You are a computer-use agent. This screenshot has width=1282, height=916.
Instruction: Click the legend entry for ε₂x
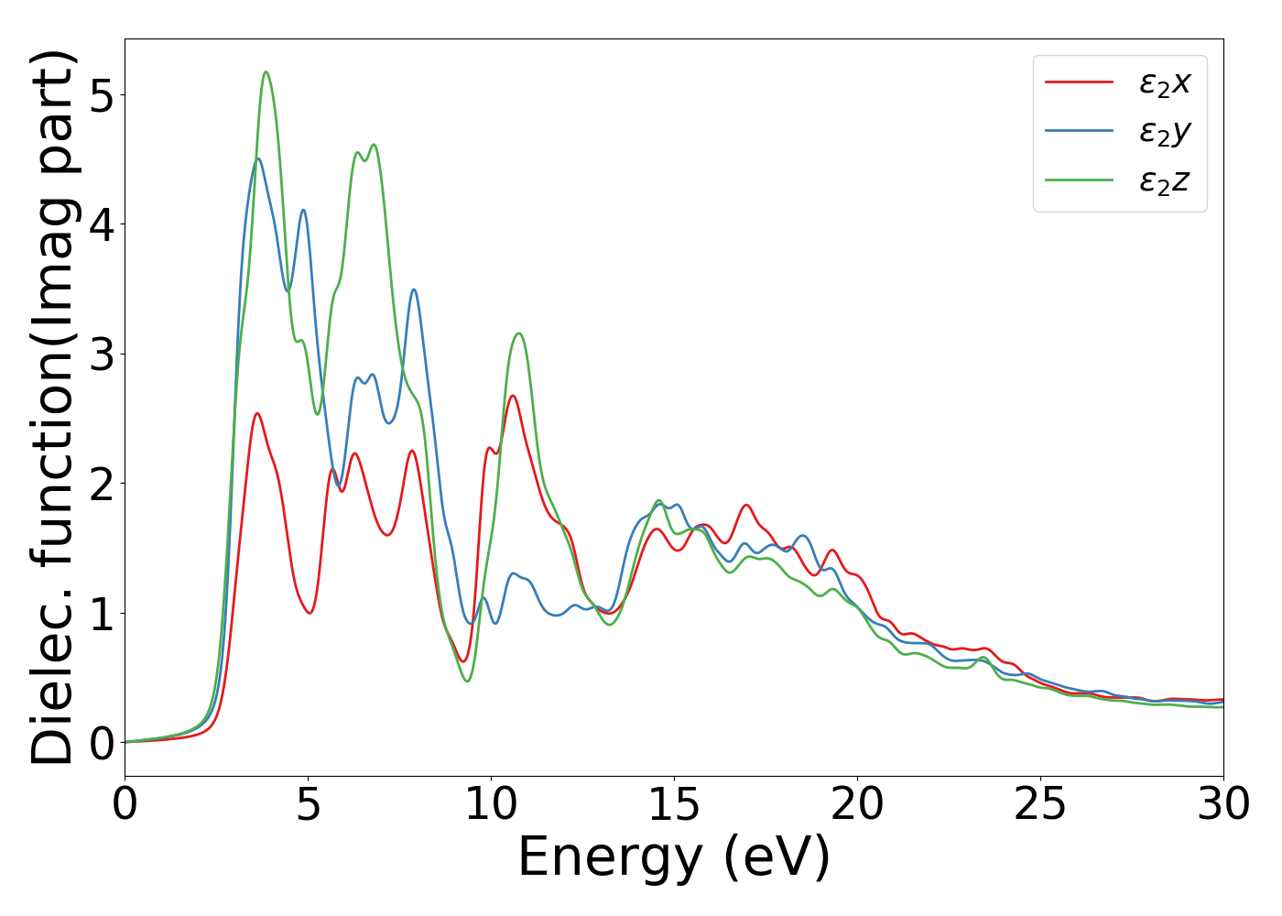coord(1164,83)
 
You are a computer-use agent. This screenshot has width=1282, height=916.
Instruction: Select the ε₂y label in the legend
coord(1164,133)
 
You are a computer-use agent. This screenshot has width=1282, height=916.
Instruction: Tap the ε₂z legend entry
coord(1164,181)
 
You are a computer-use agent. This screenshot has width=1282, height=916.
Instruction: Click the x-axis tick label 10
coord(491,805)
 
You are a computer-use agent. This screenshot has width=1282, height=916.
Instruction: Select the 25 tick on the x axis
coord(1040,805)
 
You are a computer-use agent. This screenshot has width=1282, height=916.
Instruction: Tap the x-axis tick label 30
coord(1222,805)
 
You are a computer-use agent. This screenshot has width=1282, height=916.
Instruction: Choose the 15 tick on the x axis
coord(674,805)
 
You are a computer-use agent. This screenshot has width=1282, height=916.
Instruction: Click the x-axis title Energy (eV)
coord(674,858)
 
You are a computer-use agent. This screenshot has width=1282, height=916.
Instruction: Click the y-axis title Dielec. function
coord(53,408)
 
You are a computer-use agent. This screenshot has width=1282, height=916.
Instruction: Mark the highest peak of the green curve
coord(266,71)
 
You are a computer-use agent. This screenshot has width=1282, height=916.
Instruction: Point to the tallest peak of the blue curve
coord(258,158)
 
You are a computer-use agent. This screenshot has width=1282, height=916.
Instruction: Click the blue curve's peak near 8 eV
coord(414,289)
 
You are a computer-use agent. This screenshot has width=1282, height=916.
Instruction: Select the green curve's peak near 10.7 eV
coord(519,333)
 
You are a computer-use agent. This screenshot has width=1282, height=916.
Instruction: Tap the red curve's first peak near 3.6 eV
coord(257,413)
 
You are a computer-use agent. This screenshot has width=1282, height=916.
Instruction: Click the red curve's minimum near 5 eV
coord(310,613)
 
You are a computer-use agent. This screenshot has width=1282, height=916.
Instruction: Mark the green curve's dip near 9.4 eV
coord(467,681)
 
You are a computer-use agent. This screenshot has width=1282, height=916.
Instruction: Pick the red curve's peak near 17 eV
coord(746,505)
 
